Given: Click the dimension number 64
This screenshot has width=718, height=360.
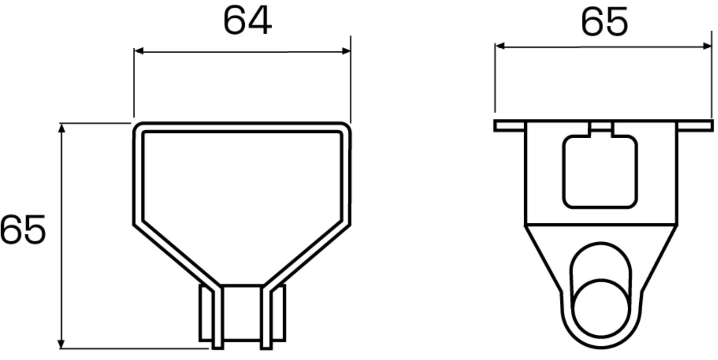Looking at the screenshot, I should [x=247, y=22].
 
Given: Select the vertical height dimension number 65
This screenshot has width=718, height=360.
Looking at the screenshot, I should [x=23, y=230].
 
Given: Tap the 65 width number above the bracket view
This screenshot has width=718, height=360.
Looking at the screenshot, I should [x=604, y=22].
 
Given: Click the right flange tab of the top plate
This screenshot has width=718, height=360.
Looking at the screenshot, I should [x=695, y=126].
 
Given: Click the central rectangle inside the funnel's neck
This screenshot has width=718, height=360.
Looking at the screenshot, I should [x=242, y=313].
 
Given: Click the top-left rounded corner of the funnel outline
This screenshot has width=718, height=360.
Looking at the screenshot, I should [x=138, y=128].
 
